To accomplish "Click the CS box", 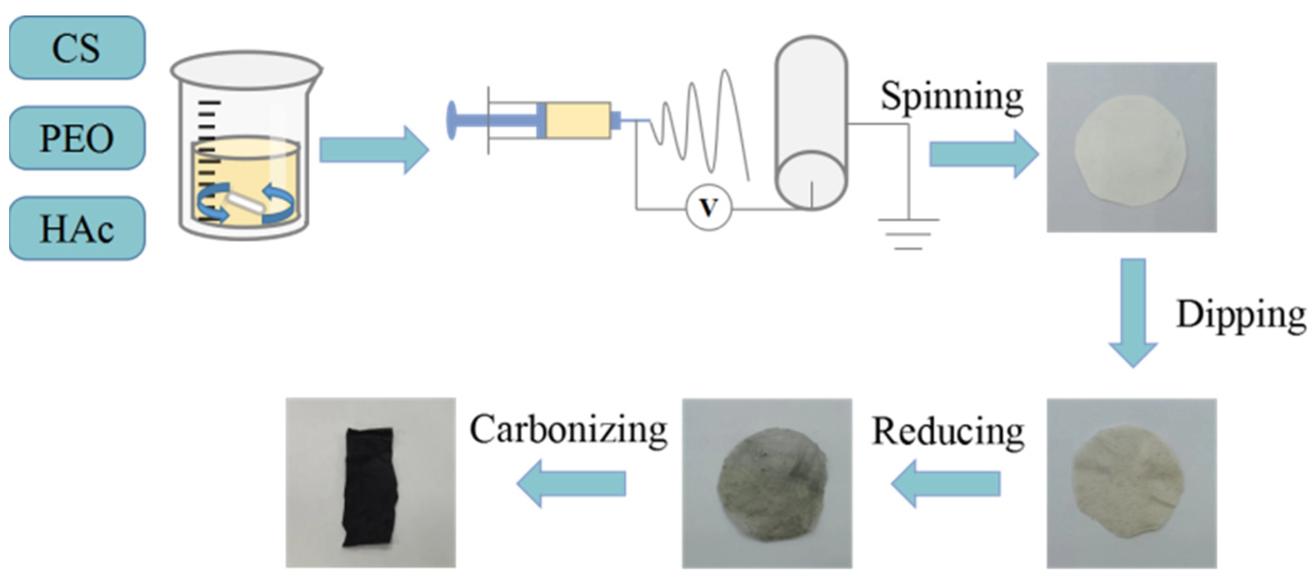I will coord(77,48).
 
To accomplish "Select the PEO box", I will coord(77,138).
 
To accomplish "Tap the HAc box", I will coord(77,229).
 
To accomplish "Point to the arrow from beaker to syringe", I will coord(373,150).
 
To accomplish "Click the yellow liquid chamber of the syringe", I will coord(578,120).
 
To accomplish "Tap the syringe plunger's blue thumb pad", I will coord(451,120).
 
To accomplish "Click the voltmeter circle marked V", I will coord(708,208).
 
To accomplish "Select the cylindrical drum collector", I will coord(810,123).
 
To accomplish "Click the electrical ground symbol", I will coord(909,233).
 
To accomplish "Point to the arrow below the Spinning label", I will coord(983,155).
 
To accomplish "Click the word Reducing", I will coord(947,431).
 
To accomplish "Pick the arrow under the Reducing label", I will coord(945,484).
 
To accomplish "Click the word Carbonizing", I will coord(568,430).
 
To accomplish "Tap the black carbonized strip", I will coord(370,486).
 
